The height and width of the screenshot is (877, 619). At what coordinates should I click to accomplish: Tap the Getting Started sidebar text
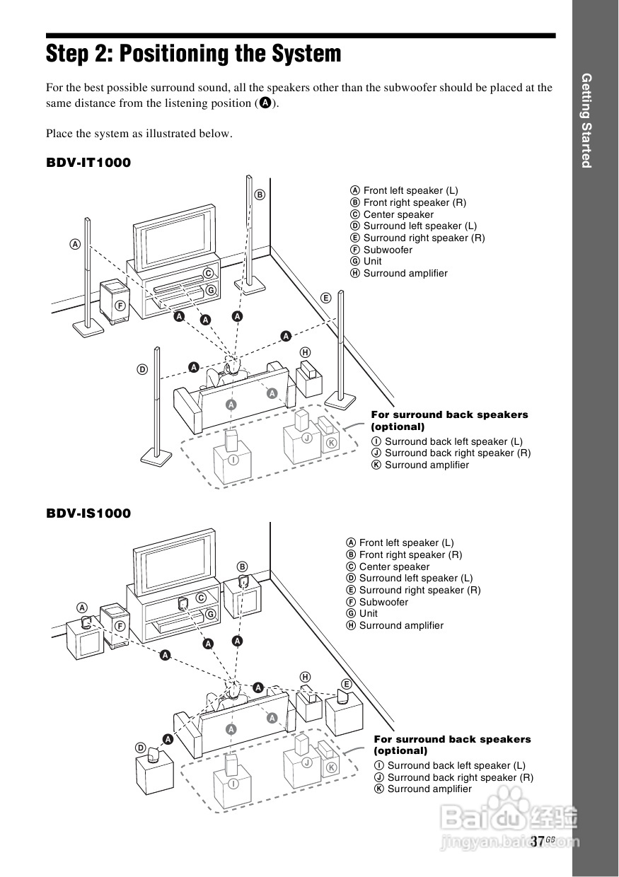[586, 120]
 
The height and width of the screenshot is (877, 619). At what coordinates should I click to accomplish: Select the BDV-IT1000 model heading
[88, 163]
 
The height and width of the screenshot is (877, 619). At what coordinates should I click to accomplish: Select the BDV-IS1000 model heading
[88, 513]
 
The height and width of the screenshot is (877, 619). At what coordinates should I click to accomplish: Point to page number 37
[537, 841]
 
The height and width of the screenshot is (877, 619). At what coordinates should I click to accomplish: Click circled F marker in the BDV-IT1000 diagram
[120, 306]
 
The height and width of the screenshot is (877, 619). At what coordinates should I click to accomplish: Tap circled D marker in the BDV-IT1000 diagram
[142, 369]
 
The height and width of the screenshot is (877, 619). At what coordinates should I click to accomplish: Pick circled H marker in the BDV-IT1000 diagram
[305, 352]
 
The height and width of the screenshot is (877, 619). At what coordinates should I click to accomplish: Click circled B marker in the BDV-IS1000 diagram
[242, 566]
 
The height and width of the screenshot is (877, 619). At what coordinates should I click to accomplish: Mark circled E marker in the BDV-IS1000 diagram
[347, 684]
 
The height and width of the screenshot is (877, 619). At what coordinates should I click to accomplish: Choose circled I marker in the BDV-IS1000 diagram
[233, 783]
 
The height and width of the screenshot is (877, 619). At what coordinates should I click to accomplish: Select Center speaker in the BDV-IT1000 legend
[398, 214]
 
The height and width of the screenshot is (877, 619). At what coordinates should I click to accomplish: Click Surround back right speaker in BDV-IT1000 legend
[457, 453]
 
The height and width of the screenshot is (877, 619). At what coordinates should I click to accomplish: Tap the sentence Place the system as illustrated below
[139, 133]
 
